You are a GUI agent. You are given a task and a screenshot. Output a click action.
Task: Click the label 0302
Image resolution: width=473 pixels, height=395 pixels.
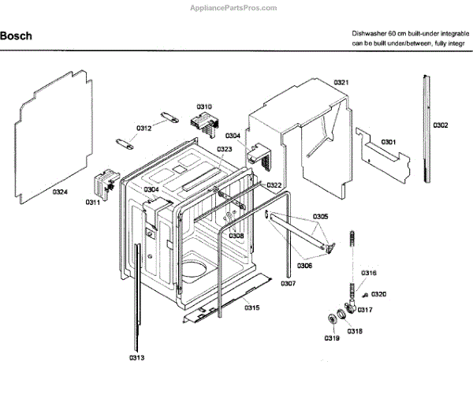(441, 125)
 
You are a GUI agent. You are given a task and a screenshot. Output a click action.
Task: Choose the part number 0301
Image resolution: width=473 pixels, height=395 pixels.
(389, 142)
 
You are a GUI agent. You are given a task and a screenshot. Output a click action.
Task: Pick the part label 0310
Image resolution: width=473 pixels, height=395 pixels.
(204, 106)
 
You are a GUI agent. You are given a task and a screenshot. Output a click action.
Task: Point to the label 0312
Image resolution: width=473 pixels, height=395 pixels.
(143, 128)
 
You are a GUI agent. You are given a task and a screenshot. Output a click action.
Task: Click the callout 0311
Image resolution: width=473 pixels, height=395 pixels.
(93, 203)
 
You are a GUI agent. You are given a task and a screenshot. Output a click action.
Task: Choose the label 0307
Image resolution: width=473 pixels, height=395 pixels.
(288, 283)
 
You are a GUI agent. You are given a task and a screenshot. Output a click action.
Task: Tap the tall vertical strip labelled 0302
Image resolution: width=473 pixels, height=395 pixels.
(428, 126)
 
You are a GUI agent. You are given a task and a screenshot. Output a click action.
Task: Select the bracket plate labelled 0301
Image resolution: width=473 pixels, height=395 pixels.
(384, 155)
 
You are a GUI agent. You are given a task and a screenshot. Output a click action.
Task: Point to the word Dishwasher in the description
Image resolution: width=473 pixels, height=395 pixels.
(371, 34)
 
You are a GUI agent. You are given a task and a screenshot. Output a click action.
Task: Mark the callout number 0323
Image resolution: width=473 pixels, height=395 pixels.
(225, 149)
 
